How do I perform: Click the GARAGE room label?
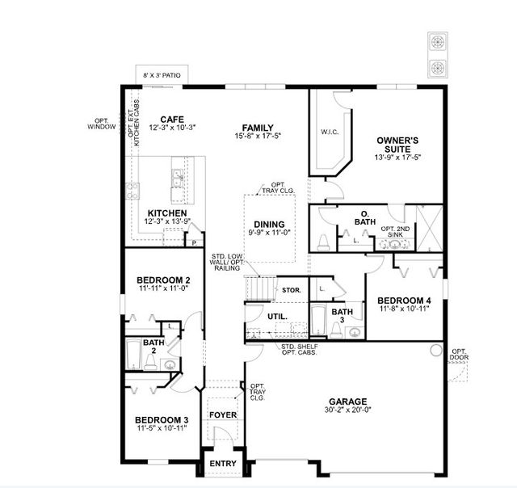click(x=347, y=402)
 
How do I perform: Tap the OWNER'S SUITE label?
click(x=398, y=145)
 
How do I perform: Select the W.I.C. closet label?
click(x=329, y=132)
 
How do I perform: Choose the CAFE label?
click(x=172, y=119)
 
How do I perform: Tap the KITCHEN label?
click(x=167, y=212)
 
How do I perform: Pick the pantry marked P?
click(x=194, y=241)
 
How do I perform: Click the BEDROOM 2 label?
click(x=163, y=280)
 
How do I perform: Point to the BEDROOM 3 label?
click(x=162, y=419)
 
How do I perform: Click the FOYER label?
click(x=222, y=414)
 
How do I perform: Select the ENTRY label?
click(x=222, y=464)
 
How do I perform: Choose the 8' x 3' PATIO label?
click(x=161, y=75)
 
